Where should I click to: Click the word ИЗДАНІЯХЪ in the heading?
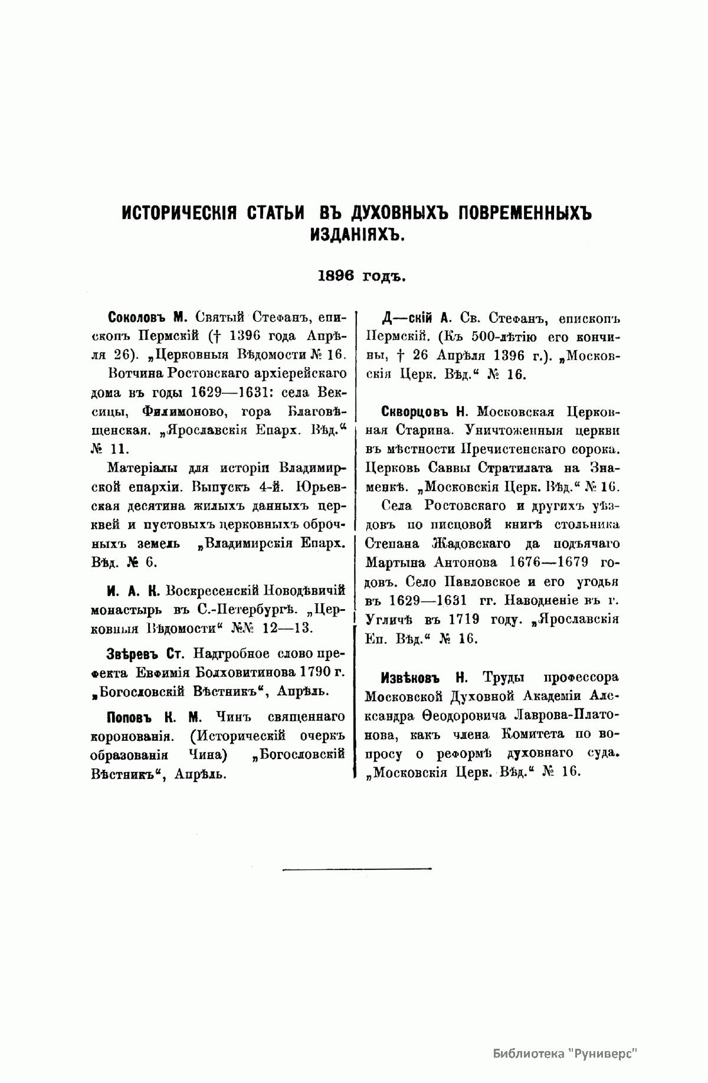[x=356, y=235]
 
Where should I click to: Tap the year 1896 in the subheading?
[x=336, y=276]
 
